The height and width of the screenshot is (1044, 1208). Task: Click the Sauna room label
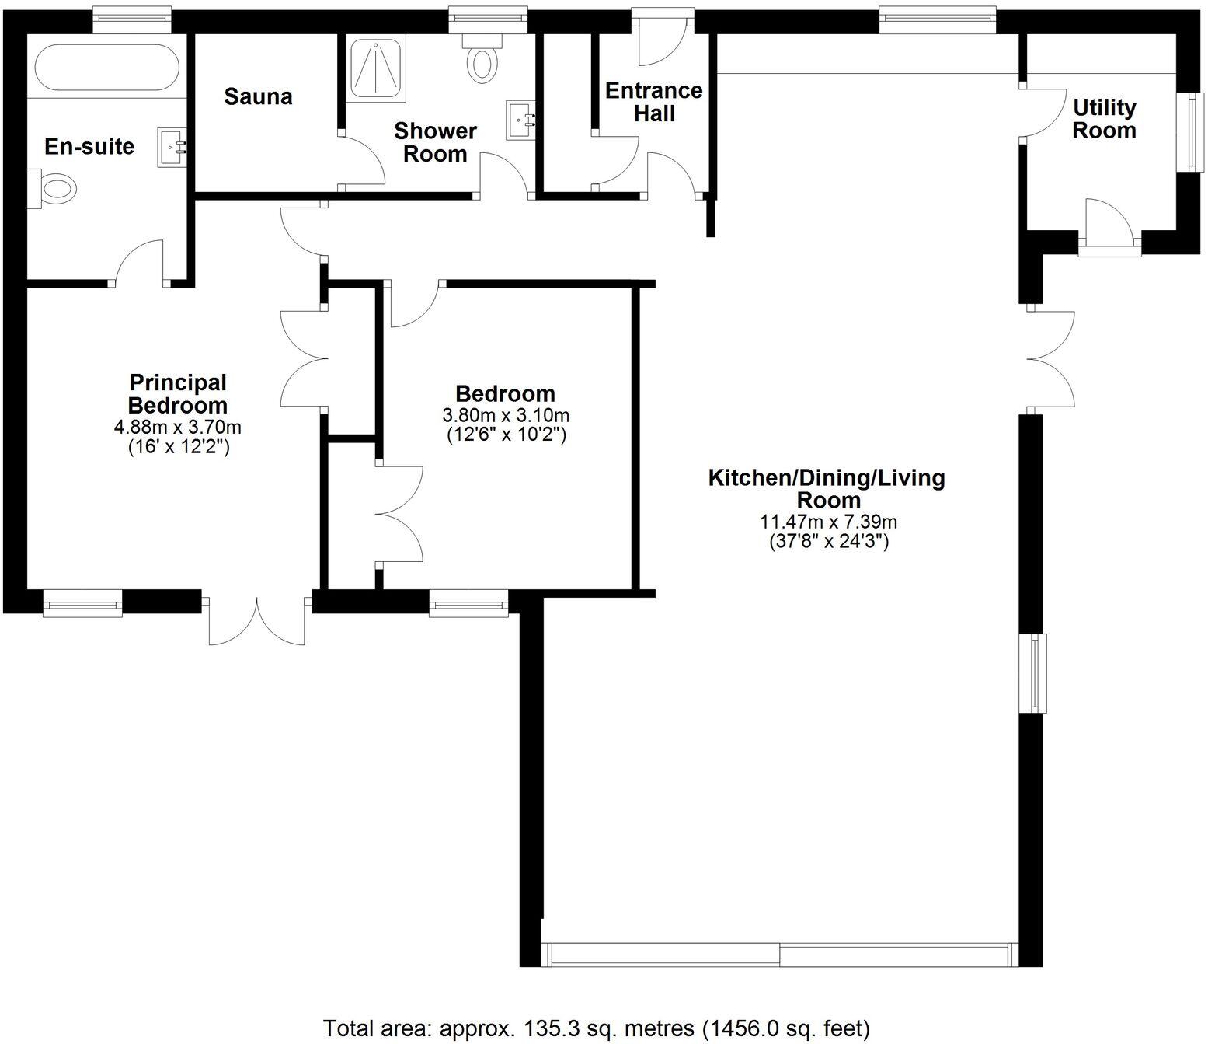[258, 97]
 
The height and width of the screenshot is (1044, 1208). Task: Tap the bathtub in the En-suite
[106, 68]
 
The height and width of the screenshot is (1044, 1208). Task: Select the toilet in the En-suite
[54, 188]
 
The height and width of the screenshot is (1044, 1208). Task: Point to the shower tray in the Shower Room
[375, 70]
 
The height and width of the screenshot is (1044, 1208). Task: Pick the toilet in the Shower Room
[482, 61]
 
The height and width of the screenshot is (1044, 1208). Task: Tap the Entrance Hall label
[653, 102]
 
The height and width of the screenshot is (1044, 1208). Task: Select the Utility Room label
[1104, 118]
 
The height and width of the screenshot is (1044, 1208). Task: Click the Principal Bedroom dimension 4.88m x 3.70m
[177, 427]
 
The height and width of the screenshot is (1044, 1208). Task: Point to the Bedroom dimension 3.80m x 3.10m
[506, 415]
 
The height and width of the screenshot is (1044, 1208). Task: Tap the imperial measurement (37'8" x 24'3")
[828, 541]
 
